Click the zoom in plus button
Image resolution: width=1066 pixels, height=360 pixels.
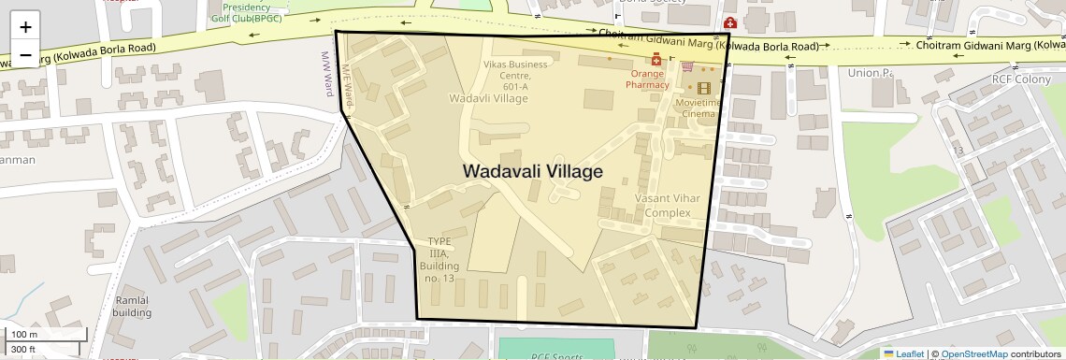coord(25,27)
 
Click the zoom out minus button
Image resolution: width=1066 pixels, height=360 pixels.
coord(25,55)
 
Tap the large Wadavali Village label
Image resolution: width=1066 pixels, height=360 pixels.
coord(532,172)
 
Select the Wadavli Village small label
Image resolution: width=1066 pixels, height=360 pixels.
coord(488,97)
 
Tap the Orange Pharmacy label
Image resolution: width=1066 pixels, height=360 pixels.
coord(648,79)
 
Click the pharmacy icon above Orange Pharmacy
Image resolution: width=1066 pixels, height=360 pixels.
coord(656,60)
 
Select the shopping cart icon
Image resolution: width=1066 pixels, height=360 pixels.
coord(687,66)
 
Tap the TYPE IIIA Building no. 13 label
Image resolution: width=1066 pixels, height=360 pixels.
coord(439,260)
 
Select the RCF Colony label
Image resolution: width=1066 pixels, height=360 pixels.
coord(1022,80)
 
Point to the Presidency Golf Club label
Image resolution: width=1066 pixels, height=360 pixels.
coord(247,12)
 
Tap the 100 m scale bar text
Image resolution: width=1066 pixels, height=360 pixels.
coord(25,335)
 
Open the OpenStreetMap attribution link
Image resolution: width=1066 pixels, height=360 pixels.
coord(973,353)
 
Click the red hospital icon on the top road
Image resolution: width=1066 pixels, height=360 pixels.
coord(729,22)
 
